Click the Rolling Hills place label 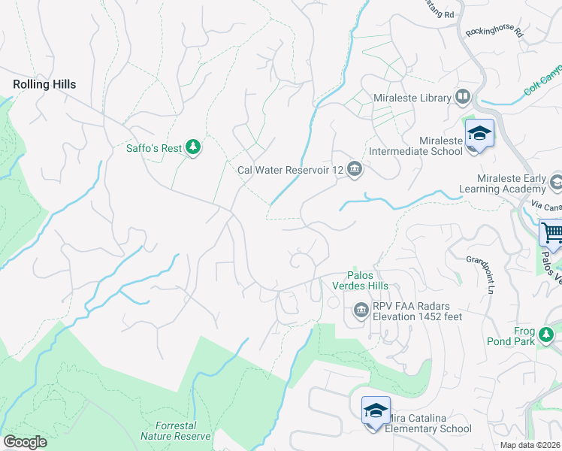pos(44,85)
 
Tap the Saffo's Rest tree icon pos(193,147)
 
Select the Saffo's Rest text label pos(153,148)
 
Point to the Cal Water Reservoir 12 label pos(290,170)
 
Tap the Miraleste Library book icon pos(463,97)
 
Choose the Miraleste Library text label pos(412,98)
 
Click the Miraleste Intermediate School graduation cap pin pos(479,135)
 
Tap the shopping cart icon pos(551,232)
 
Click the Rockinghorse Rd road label pos(494,31)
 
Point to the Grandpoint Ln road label pos(482,275)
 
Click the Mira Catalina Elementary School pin pos(376,411)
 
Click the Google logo pos(25,442)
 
